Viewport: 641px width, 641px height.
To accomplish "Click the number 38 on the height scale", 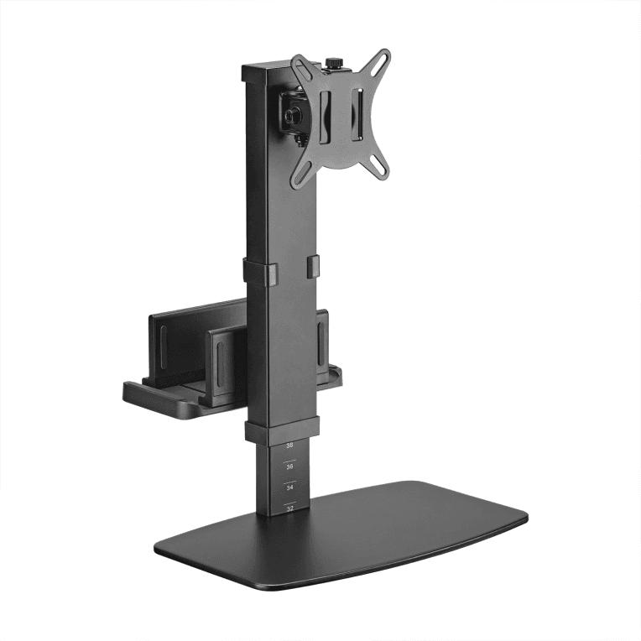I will (289, 446).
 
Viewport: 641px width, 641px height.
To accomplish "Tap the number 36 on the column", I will (289, 466).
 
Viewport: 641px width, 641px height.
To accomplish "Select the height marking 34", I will (289, 487).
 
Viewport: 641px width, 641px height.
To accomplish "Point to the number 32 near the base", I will (289, 508).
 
